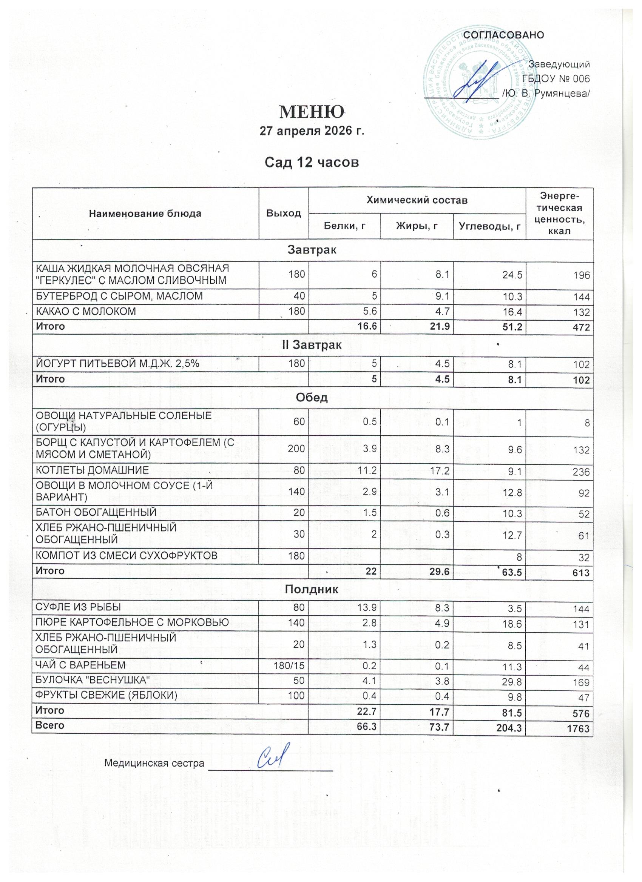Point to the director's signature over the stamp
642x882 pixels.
pyautogui.click(x=484, y=79)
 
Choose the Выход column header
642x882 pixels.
pyautogui.click(x=284, y=213)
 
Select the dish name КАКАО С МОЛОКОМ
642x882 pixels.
pyautogui.click(x=86, y=311)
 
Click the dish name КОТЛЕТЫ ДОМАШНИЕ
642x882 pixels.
pyautogui.click(x=92, y=470)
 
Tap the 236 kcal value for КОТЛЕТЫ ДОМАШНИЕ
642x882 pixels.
pyautogui.click(x=581, y=472)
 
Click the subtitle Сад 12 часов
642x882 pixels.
pyautogui.click(x=312, y=162)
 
